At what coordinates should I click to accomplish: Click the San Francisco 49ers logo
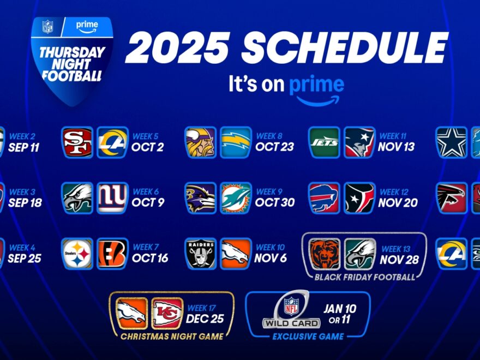(77, 142)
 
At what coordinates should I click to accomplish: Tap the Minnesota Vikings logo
(200, 142)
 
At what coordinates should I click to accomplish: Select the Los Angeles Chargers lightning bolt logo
(236, 142)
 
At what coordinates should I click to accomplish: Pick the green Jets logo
(324, 142)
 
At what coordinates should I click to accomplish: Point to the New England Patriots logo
(359, 142)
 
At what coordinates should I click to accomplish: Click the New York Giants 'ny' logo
(112, 198)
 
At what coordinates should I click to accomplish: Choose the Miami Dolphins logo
(236, 198)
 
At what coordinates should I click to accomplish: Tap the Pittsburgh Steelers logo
(77, 253)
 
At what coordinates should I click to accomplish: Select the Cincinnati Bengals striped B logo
(112, 253)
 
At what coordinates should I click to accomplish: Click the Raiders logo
(200, 253)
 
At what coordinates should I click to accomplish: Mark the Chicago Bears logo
(325, 254)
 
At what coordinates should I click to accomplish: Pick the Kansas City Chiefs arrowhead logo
(167, 313)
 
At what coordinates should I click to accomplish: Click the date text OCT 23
(275, 147)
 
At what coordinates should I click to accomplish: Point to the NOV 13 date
(399, 147)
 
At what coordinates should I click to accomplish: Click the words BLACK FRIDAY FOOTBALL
(364, 277)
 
